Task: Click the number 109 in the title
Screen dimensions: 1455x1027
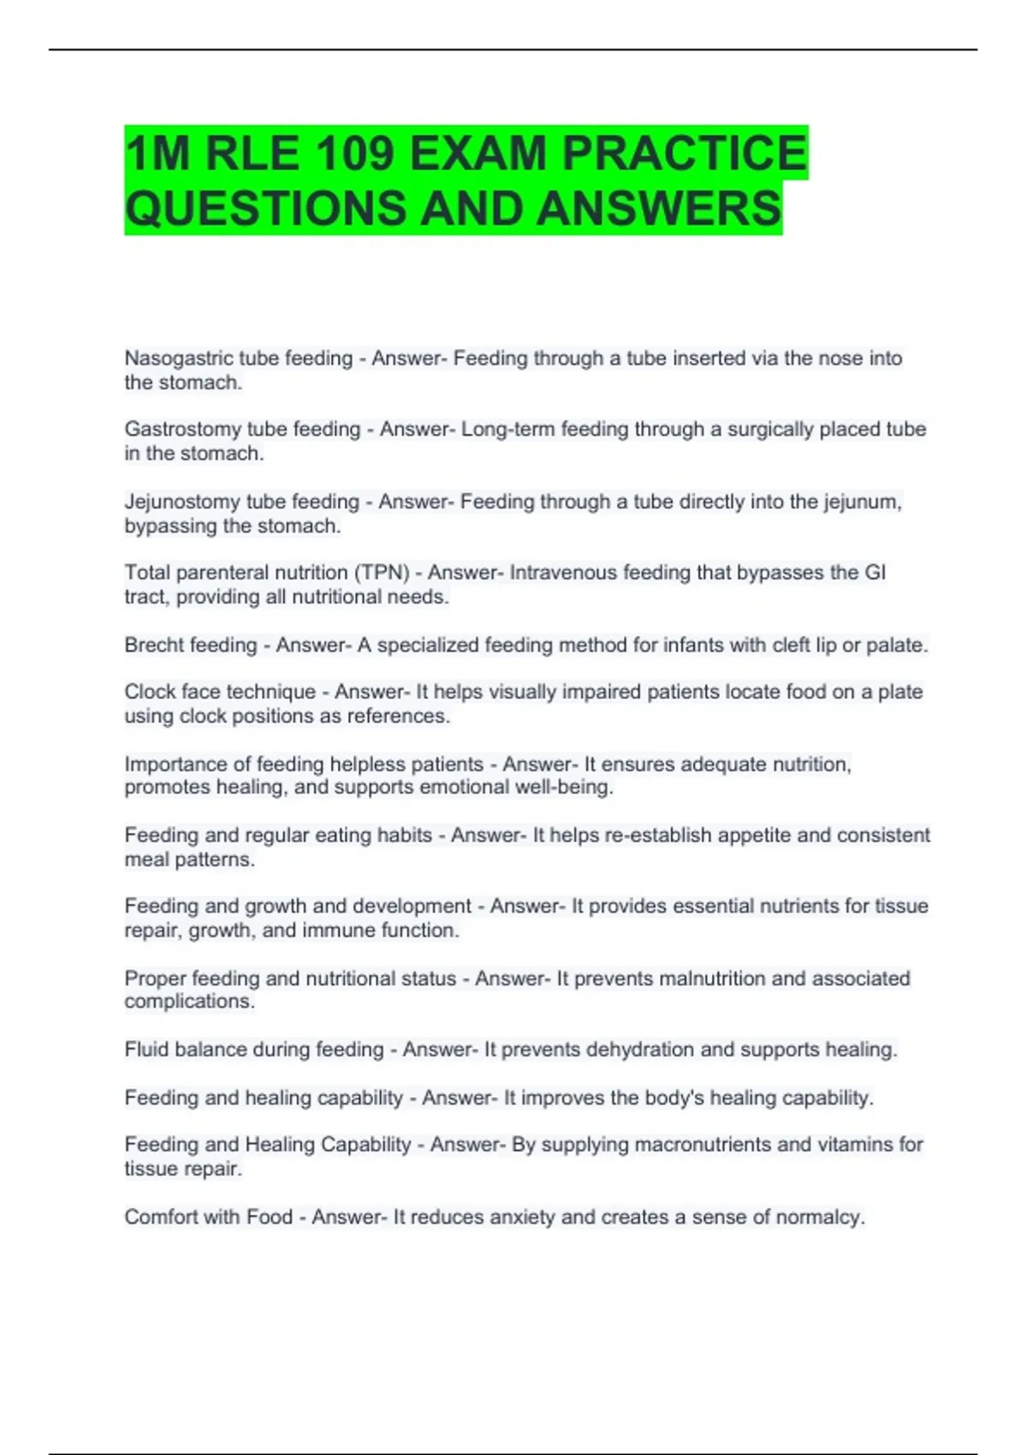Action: [x=353, y=154]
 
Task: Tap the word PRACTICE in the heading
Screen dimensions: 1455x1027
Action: [x=684, y=154]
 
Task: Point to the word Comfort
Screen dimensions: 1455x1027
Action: [x=161, y=1216]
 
